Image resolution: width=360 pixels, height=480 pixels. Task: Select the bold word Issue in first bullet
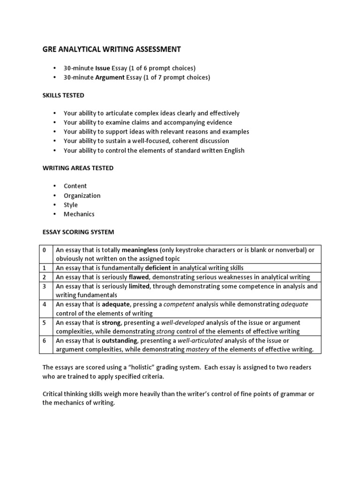tap(103, 68)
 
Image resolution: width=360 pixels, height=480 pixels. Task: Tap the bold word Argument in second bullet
tap(110, 77)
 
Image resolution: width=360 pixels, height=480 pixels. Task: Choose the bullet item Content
tap(75, 186)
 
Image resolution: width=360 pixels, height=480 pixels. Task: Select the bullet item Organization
tap(82, 195)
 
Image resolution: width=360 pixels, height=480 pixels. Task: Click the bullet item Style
tap(71, 205)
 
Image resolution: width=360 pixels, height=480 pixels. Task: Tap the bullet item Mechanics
tap(79, 214)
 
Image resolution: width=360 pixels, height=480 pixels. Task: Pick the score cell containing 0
tap(45, 250)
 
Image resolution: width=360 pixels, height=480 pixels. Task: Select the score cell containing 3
tap(45, 286)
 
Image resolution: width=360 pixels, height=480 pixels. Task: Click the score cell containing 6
tap(45, 340)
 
